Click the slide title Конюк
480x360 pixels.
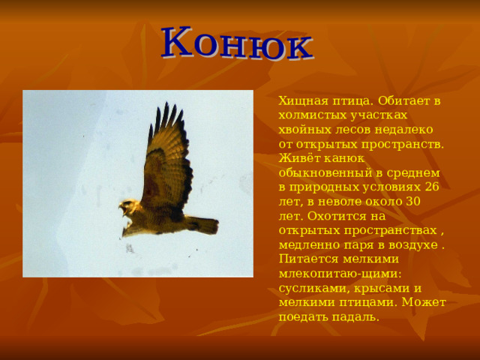click(x=237, y=43)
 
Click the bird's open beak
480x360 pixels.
click(x=123, y=210)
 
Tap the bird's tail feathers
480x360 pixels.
click(x=202, y=225)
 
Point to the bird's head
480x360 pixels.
click(x=129, y=207)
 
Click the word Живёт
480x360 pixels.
click(x=299, y=158)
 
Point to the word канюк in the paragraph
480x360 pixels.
click(x=344, y=159)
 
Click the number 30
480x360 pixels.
click(x=413, y=202)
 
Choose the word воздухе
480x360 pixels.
click(x=413, y=245)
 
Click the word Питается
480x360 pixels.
click(x=308, y=259)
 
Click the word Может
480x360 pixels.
click(x=424, y=302)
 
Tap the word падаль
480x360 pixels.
click(x=357, y=317)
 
